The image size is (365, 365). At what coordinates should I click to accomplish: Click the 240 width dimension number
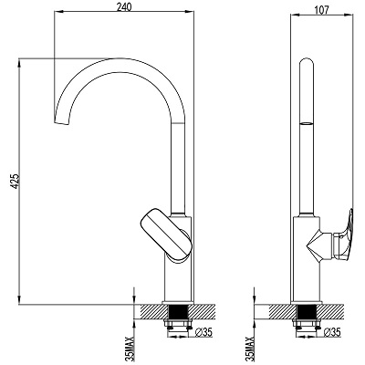pyautogui.click(x=124, y=5)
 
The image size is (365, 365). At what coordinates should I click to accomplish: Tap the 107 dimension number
pyautogui.click(x=322, y=10)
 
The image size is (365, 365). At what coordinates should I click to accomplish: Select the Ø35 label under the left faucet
pyautogui.click(x=203, y=332)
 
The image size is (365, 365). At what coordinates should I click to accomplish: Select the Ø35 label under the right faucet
pyautogui.click(x=332, y=332)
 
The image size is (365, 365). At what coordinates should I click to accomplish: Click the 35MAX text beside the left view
pyautogui.click(x=131, y=349)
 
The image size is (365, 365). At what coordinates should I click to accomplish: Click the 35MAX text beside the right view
pyautogui.click(x=251, y=349)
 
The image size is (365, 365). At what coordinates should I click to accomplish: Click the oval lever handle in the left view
pyautogui.click(x=166, y=235)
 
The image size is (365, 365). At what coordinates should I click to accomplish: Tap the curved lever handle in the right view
pyautogui.click(x=347, y=235)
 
